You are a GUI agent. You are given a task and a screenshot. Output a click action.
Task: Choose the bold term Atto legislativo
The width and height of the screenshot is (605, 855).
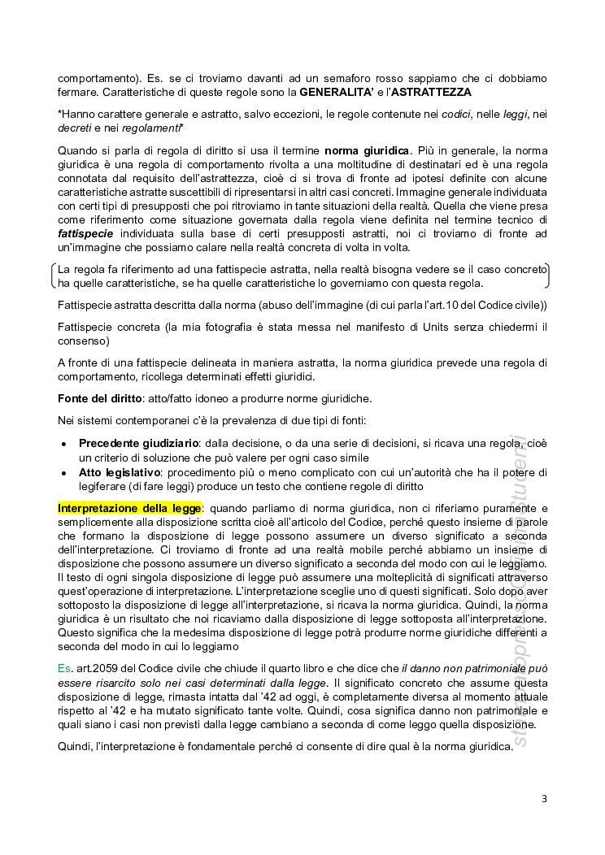[x=114, y=472]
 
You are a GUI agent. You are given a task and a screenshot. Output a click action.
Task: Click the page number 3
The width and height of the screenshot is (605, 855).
[x=544, y=799]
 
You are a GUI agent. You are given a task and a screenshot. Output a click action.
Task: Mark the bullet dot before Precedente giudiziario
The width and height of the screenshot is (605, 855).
[x=63, y=445]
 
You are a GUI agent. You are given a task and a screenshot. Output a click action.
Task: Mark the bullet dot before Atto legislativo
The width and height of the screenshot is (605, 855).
[x=63, y=473]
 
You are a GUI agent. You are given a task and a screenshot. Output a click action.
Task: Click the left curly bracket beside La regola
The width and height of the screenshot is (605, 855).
[x=53, y=276]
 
